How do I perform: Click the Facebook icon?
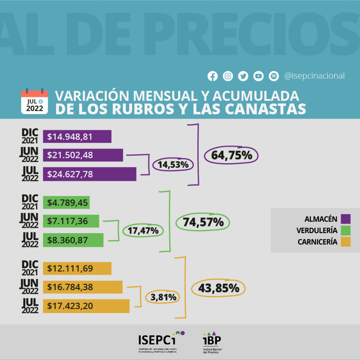[212, 76]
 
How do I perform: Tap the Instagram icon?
[228, 76]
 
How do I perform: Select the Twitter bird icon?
[243, 76]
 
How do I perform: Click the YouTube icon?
[258, 76]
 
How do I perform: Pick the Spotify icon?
[274, 76]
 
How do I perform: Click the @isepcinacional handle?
[314, 76]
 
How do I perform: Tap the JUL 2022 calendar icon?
[34, 101]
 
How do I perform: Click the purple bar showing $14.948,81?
[77, 137]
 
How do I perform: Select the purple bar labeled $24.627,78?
[89, 174]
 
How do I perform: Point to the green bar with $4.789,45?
[66, 202]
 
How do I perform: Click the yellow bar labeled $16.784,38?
[83, 287]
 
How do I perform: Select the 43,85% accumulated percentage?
[218, 288]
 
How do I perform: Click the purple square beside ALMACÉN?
[346, 219]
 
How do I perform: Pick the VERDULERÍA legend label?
[317, 231]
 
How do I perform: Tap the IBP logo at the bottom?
[212, 342]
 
